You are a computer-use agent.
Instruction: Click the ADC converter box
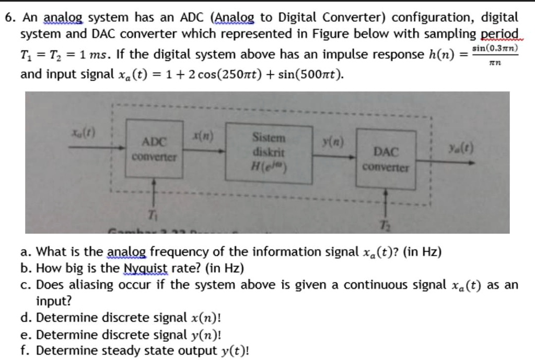pos(155,148)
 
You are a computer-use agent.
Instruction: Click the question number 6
pos(9,17)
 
